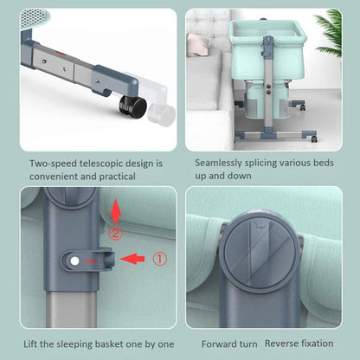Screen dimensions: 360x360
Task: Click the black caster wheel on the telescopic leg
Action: [x=133, y=106]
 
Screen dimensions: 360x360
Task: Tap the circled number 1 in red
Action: [x=159, y=259]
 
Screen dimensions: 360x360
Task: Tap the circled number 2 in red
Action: [x=115, y=233]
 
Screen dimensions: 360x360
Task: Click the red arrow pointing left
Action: [x=132, y=259]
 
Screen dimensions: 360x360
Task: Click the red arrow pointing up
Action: [x=115, y=210]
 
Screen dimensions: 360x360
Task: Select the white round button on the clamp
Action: [x=74, y=261]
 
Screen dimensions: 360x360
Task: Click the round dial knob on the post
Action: [x=260, y=253]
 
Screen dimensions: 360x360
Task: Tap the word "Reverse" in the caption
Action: [x=281, y=344]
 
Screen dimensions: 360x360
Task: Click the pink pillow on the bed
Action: [x=197, y=45]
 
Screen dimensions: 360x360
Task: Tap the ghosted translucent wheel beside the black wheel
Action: [x=162, y=114]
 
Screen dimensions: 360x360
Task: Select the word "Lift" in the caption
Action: [x=30, y=344]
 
